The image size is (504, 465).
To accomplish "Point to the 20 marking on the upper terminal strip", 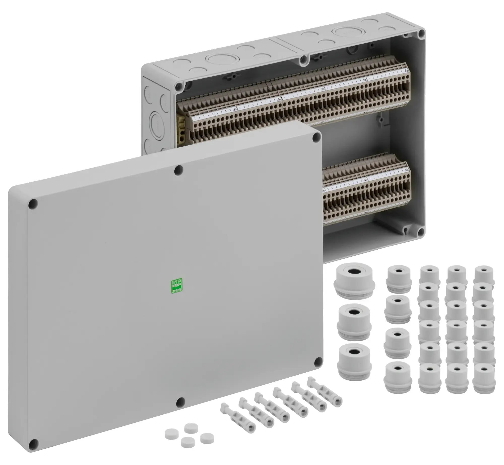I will [x=278, y=99].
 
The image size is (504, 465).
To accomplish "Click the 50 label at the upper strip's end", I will [x=406, y=71].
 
